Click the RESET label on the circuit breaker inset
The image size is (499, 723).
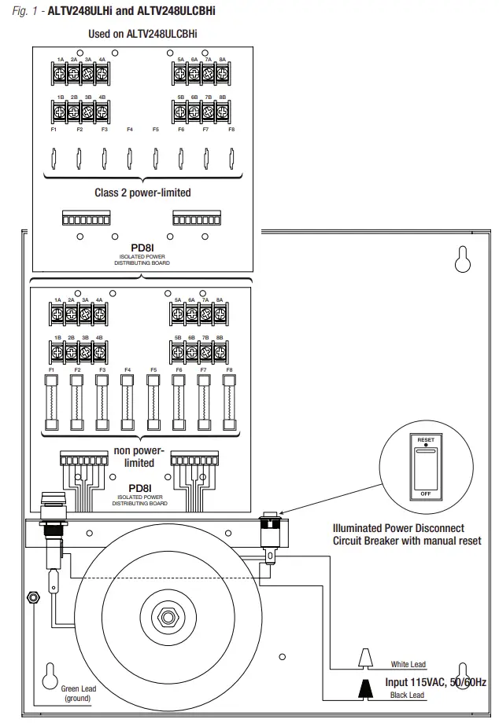[426, 439]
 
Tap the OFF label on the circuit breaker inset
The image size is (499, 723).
[426, 493]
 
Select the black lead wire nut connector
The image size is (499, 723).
[366, 689]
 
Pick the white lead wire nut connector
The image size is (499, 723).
[366, 657]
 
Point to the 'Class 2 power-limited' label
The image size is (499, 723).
[142, 192]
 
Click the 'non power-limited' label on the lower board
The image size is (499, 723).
[140, 457]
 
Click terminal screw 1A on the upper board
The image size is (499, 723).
[60, 73]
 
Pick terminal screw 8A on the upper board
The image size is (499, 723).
[222, 73]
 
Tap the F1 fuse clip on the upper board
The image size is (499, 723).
[54, 160]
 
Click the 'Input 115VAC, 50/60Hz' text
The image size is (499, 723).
[435, 682]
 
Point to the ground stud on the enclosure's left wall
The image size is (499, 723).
[34, 597]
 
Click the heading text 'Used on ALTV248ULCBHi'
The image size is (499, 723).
[142, 35]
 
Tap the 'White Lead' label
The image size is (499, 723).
[408, 664]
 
